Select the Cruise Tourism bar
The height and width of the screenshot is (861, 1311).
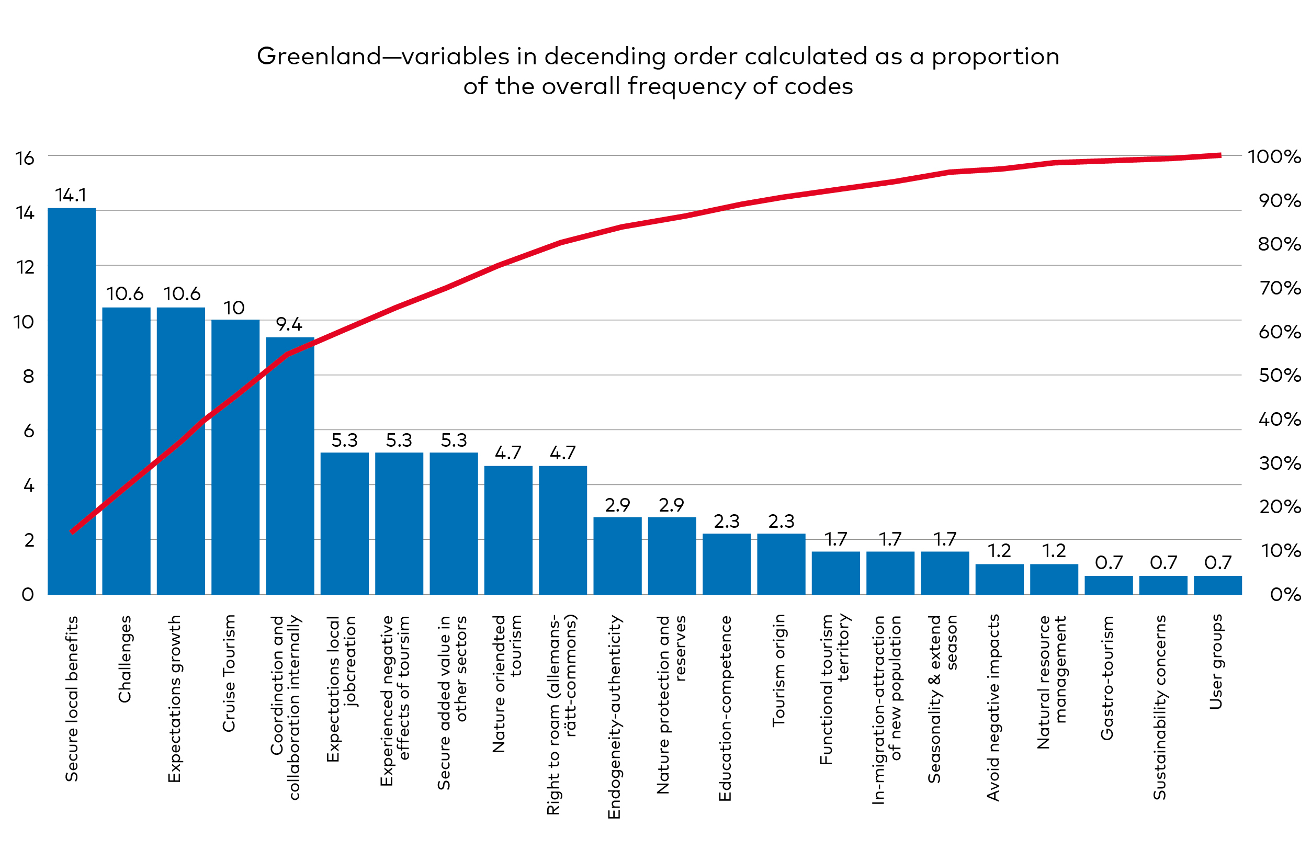point(235,457)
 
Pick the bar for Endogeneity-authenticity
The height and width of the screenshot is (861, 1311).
point(617,556)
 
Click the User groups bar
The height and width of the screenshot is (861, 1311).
point(1217,585)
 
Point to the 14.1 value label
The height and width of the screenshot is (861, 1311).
point(71,195)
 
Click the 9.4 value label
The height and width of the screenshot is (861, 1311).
point(289,324)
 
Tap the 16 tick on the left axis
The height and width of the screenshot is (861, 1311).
point(25,158)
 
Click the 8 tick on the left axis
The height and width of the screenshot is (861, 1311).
point(28,377)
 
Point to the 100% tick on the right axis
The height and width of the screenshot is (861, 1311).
point(1273,157)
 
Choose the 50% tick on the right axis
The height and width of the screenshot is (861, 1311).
point(1279,376)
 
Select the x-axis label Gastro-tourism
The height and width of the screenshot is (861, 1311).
point(1107,677)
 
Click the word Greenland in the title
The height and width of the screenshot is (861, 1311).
point(319,56)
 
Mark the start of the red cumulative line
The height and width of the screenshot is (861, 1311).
point(72,532)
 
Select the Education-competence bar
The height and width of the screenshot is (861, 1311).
point(726,564)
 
